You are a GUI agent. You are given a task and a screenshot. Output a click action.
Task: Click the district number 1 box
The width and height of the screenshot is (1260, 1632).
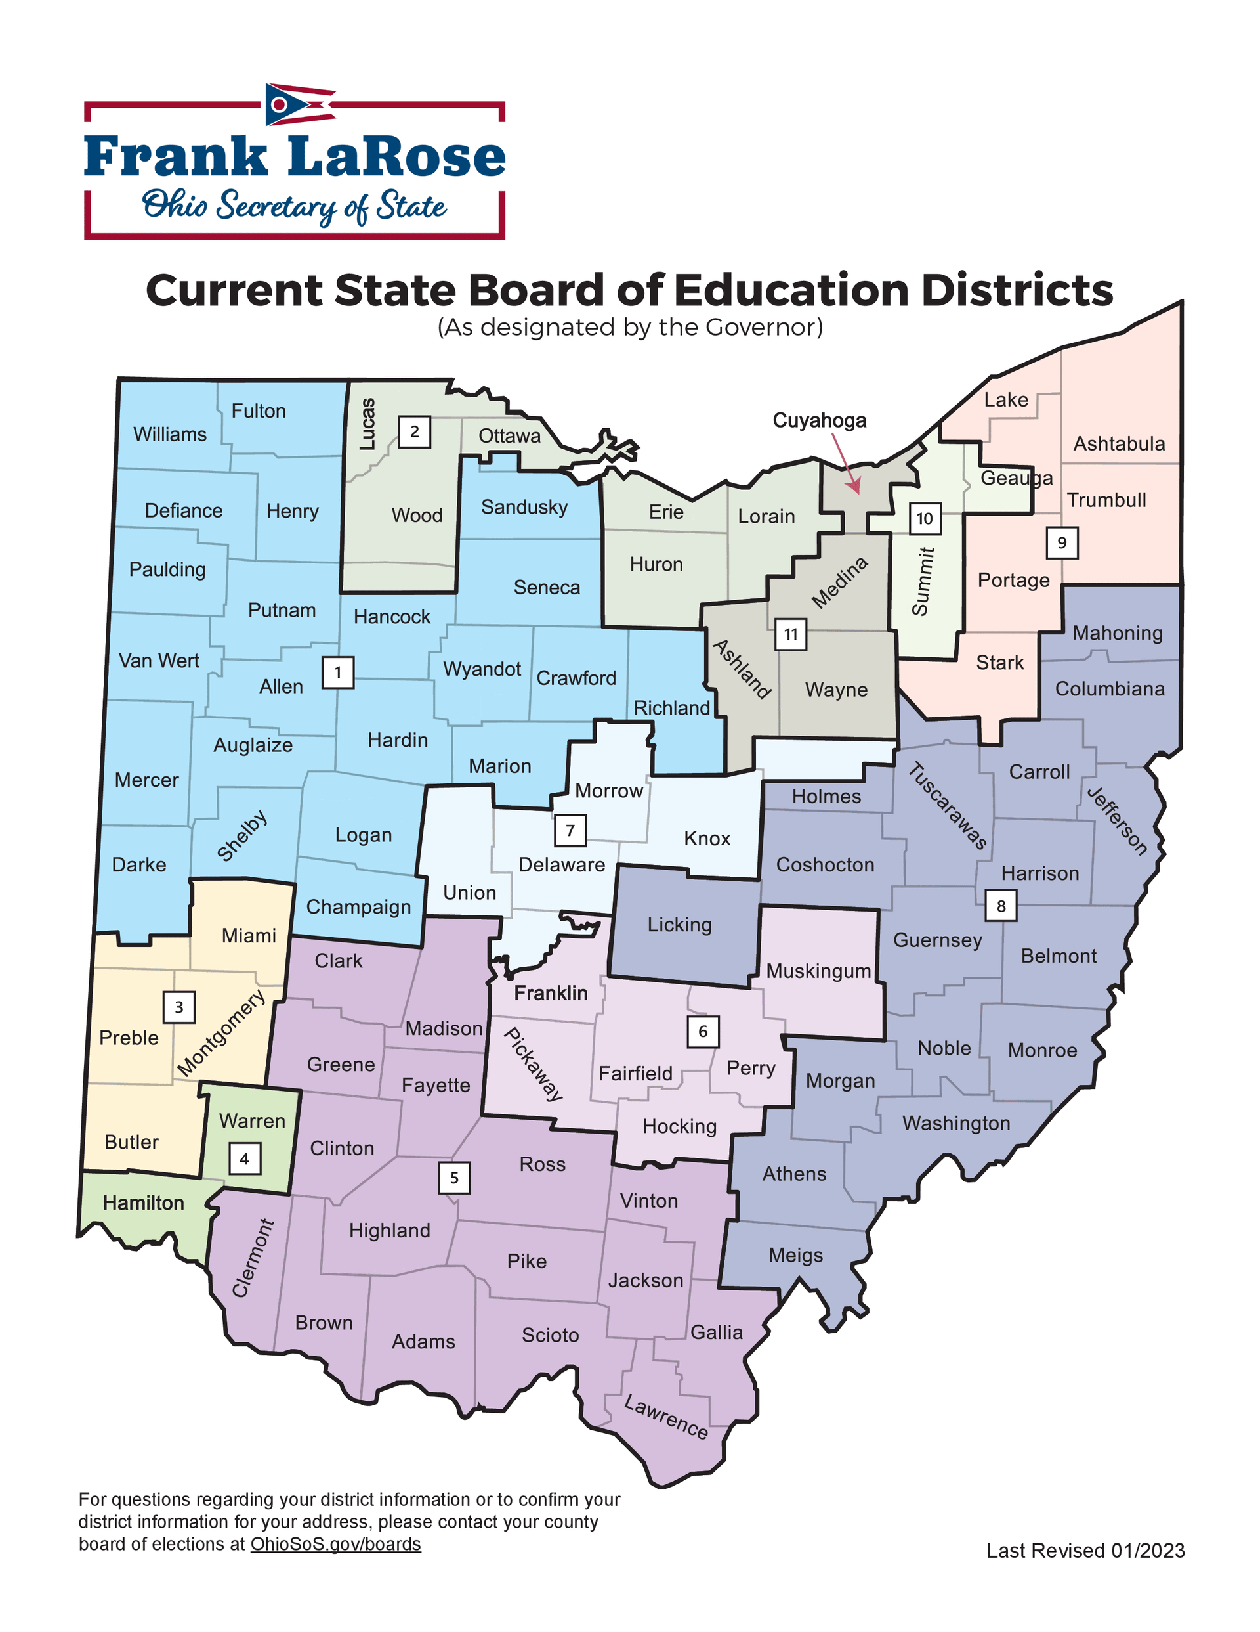pyautogui.click(x=337, y=673)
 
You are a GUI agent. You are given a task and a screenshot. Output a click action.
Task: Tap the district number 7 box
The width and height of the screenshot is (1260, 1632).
pyautogui.click(x=570, y=830)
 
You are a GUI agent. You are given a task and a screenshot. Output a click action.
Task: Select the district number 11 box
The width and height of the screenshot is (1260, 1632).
pyautogui.click(x=790, y=634)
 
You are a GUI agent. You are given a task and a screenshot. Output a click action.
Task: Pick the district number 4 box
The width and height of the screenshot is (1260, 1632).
pyautogui.click(x=244, y=1159)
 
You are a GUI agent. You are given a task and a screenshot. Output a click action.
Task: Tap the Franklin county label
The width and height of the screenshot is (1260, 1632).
pyautogui.click(x=551, y=993)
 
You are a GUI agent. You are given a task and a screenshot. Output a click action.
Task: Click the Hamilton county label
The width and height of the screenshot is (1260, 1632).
pyautogui.click(x=144, y=1202)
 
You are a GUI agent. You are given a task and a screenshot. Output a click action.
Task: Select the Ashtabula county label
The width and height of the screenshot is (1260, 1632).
pyautogui.click(x=1118, y=444)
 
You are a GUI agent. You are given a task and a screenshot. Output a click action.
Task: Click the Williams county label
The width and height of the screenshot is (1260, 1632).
pyautogui.click(x=169, y=434)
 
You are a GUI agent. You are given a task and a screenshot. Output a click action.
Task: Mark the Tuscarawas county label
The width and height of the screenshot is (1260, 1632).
pyautogui.click(x=947, y=806)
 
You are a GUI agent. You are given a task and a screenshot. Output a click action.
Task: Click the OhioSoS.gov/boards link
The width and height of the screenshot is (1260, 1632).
pyautogui.click(x=335, y=1543)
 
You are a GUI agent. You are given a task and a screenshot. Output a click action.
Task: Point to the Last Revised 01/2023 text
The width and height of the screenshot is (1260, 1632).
pyautogui.click(x=1085, y=1551)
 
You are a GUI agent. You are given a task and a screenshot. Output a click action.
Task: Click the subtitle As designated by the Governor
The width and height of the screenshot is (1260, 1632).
pyautogui.click(x=629, y=327)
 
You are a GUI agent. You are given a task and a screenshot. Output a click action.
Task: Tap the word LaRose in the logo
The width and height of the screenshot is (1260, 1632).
pyautogui.click(x=396, y=157)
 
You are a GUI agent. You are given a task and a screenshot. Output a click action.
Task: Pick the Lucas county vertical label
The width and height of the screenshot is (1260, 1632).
pyautogui.click(x=367, y=424)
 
